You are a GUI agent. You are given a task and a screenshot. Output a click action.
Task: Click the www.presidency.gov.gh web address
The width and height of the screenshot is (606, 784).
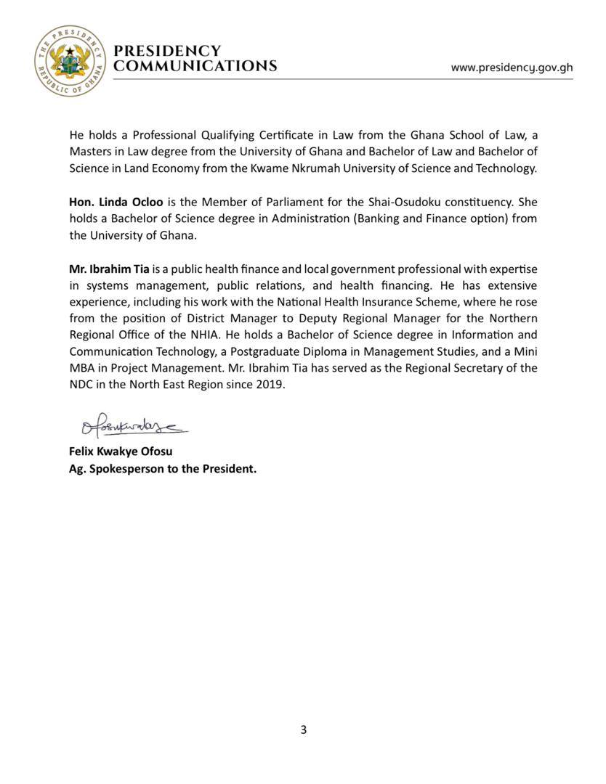512,68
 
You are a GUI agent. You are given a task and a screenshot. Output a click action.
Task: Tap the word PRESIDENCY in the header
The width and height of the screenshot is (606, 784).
167,51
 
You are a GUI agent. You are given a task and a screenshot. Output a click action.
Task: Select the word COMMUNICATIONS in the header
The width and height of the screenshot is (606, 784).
195,66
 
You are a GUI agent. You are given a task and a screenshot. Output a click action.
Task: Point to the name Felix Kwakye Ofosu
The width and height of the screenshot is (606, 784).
121,452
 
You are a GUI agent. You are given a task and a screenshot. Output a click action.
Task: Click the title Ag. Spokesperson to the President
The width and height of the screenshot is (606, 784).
163,469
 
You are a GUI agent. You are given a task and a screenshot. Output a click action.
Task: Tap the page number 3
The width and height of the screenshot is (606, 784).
303,730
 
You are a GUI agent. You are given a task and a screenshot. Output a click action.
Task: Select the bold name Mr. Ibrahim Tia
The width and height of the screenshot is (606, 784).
109,269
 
